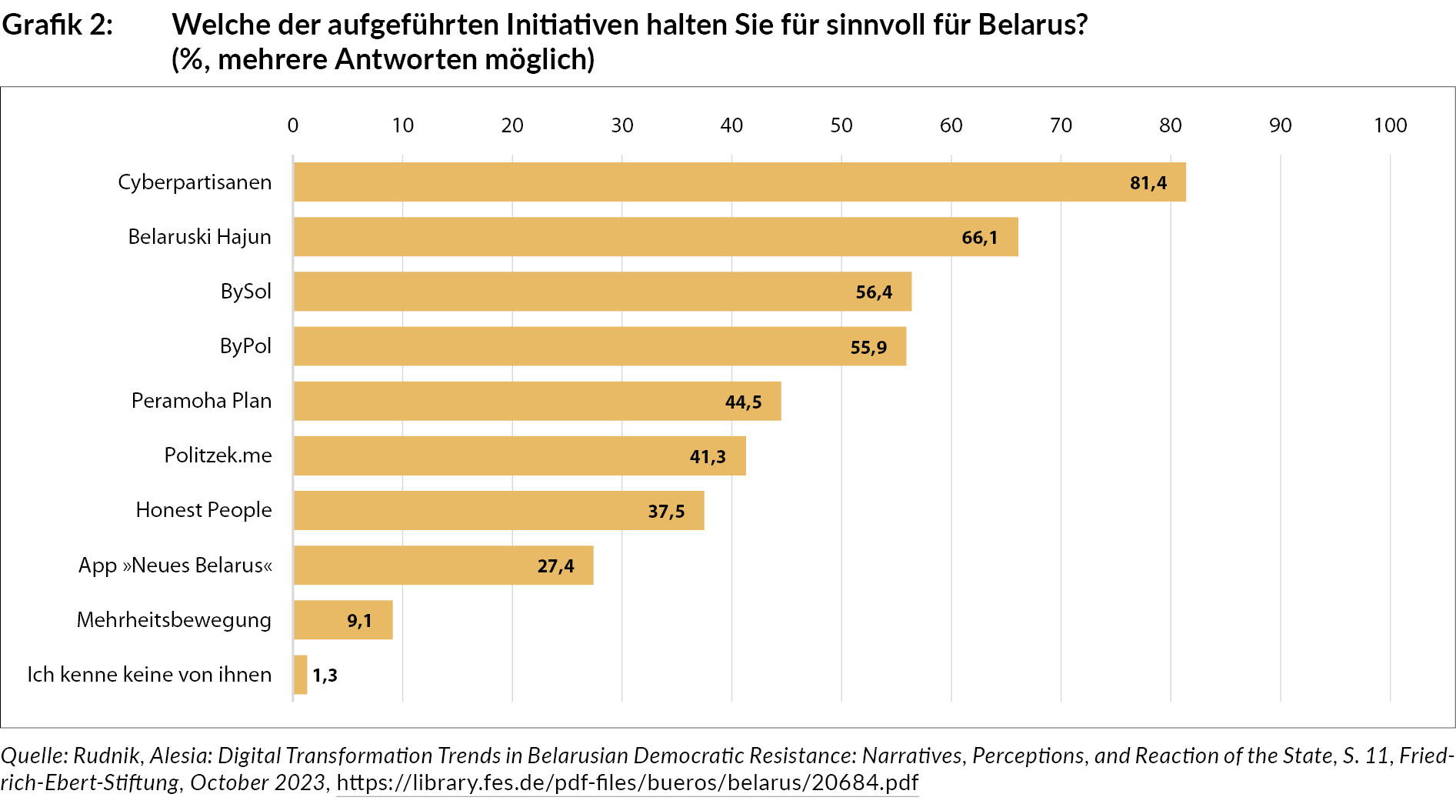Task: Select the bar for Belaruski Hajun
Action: click(655, 237)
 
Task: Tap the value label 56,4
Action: click(874, 292)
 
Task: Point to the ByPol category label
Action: click(245, 346)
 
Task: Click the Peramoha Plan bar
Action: click(537, 402)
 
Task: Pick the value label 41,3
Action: click(708, 457)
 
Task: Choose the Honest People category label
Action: click(204, 510)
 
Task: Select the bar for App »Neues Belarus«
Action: click(443, 566)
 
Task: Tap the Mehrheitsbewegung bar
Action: click(343, 620)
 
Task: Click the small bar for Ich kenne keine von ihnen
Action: click(301, 675)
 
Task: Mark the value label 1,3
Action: click(325, 676)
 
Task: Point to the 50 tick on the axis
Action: click(841, 125)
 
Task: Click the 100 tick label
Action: click(1390, 125)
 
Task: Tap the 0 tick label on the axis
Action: click(293, 125)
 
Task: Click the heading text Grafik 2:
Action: click(58, 25)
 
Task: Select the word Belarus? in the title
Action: click(1033, 25)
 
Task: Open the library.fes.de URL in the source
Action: click(627, 782)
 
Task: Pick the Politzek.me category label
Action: click(218, 455)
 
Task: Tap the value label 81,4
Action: click(1148, 183)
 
